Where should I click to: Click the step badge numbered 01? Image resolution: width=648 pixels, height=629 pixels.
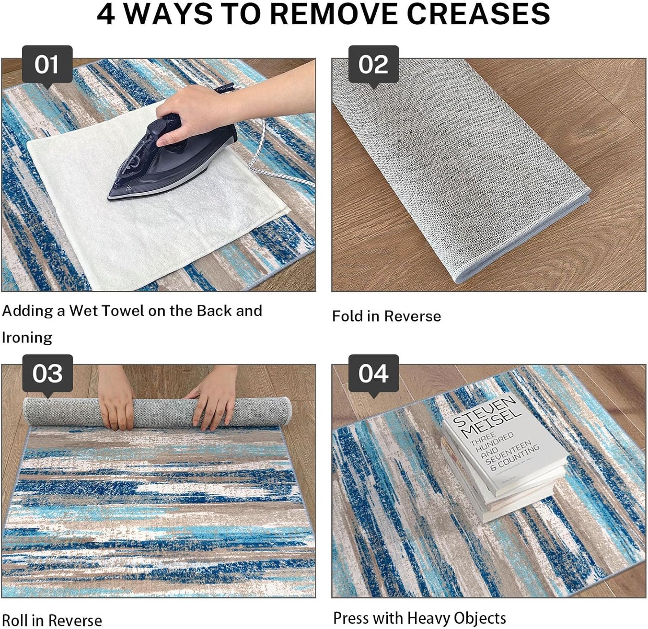(x=47, y=65)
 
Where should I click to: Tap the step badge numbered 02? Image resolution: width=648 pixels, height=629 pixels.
(x=373, y=65)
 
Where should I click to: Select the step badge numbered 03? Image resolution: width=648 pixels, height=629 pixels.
(x=48, y=374)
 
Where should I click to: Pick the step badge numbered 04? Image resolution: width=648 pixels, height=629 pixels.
(x=373, y=374)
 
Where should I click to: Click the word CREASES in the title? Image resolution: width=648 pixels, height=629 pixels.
(x=478, y=14)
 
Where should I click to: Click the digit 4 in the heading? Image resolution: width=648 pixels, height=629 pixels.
(x=106, y=14)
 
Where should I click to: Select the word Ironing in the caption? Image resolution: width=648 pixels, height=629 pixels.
(x=27, y=337)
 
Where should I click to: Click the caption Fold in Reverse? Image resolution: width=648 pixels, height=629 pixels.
(x=387, y=316)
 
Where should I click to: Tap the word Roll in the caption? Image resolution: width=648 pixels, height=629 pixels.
(x=15, y=620)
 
